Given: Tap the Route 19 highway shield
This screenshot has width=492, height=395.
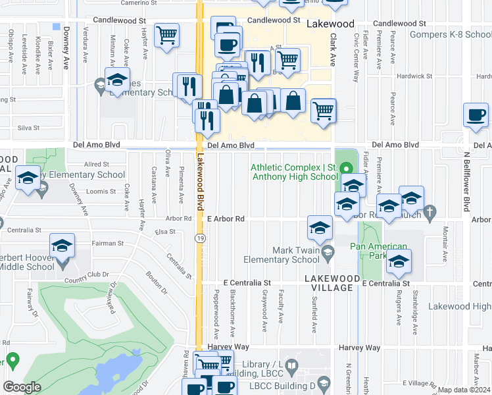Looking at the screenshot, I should click(x=198, y=238).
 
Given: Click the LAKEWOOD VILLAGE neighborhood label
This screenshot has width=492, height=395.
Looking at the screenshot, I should click(x=332, y=279).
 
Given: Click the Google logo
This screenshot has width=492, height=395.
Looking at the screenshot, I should click(x=22, y=386).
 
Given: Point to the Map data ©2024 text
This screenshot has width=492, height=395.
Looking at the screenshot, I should click(x=463, y=390).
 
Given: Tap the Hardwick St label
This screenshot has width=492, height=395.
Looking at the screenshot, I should click(x=414, y=76).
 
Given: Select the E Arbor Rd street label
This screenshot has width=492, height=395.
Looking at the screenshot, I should click(x=226, y=219).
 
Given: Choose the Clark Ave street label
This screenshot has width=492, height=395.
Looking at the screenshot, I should click(x=333, y=50).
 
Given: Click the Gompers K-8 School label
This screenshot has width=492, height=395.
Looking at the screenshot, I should click(x=450, y=34).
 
